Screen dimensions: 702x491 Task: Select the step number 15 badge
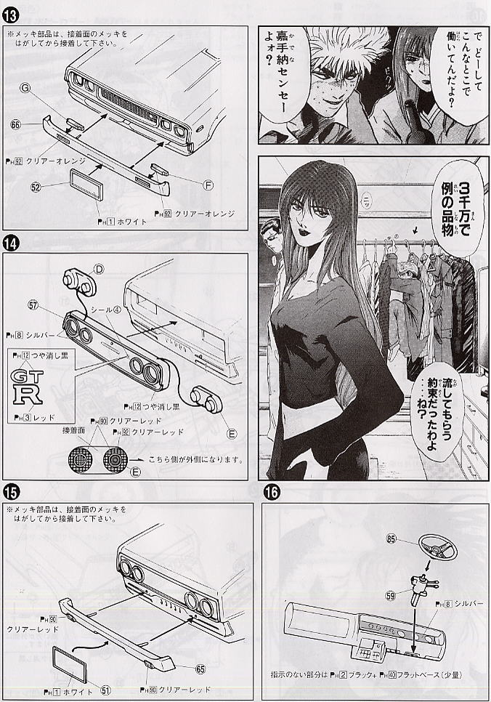pyautogui.click(x=11, y=491)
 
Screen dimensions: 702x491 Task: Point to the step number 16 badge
pyautogui.click(x=269, y=491)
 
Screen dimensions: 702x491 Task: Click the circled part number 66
pyautogui.click(x=15, y=124)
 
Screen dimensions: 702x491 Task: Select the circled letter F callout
pyautogui.click(x=208, y=185)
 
